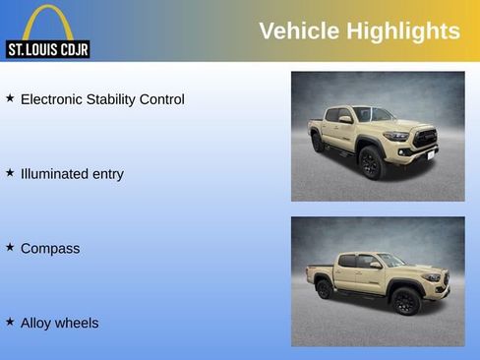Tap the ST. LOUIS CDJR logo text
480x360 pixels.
[x=47, y=49]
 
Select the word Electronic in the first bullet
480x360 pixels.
[x=54, y=99]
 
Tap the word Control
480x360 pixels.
[x=162, y=99]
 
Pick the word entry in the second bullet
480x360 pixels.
[x=107, y=174]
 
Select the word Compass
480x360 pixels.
[x=50, y=249]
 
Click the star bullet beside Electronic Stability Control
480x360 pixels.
[x=10, y=98]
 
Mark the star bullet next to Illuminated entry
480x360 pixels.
[x=10, y=173]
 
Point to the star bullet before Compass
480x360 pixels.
[x=10, y=248]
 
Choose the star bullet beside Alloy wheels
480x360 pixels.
[x=10, y=322]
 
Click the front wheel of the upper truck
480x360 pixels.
[x=371, y=162]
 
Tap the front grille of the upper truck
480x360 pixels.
[x=424, y=139]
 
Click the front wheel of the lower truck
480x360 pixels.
[x=405, y=300]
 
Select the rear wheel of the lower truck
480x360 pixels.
[x=324, y=289]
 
